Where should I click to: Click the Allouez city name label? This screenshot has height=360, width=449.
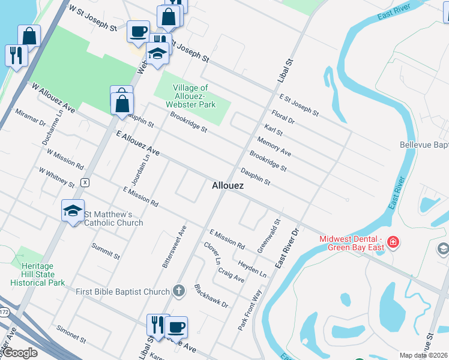click(x=228, y=186)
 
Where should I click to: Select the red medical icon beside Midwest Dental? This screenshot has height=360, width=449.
click(x=393, y=242)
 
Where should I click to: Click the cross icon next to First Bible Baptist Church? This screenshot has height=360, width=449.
click(x=178, y=292)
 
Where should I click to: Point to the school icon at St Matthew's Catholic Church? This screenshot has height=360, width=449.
click(x=73, y=211)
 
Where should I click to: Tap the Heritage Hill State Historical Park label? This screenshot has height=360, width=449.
click(x=37, y=274)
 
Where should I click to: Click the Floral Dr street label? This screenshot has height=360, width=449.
click(x=283, y=116)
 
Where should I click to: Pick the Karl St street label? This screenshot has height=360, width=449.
click(x=273, y=130)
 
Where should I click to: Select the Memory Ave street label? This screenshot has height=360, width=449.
click(x=274, y=145)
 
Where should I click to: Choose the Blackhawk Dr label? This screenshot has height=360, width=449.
click(x=211, y=296)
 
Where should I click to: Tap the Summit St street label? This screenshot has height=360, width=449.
click(x=106, y=251)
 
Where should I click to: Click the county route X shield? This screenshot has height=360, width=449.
click(x=86, y=182)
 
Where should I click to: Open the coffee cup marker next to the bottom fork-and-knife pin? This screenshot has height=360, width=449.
click(x=176, y=327)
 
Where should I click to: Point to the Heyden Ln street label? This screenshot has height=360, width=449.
click(x=252, y=268)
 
